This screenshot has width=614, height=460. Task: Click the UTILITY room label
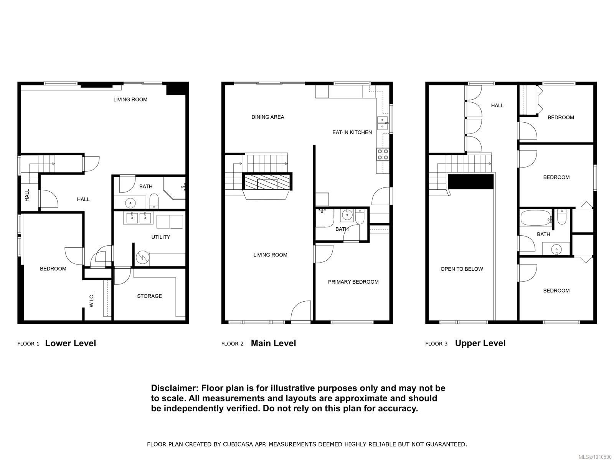point(160,237)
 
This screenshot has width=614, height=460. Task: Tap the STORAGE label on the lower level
point(149,296)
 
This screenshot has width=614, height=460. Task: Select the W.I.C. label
point(92,300)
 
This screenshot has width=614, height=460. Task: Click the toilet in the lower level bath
point(154,200)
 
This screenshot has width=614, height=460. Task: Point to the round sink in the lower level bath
point(130,202)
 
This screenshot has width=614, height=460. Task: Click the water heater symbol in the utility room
point(142,257)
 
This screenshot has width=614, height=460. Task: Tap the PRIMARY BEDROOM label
point(353,282)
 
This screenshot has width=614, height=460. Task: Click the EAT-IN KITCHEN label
point(352,132)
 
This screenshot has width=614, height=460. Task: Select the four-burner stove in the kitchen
point(383,154)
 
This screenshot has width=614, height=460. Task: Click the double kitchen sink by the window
point(383,123)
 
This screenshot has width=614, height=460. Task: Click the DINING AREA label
point(268,117)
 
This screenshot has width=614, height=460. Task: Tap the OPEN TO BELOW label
point(462,269)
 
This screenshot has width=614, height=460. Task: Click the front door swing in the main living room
point(301,311)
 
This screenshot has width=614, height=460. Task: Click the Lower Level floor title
point(70,343)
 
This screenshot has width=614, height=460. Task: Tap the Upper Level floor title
point(480,343)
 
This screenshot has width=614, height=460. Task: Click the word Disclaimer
point(173,388)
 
